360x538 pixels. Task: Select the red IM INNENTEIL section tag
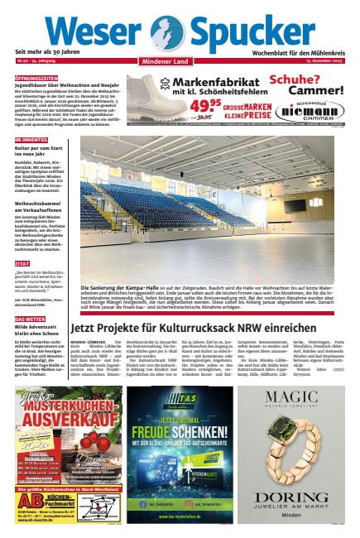pyautogui.click(x=31, y=140)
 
